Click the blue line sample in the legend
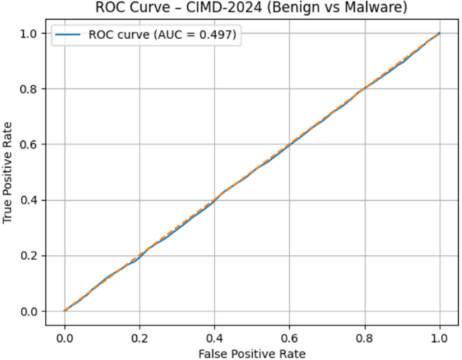tap(68, 34)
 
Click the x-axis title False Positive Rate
tap(252, 353)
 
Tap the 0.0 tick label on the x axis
tap(65, 334)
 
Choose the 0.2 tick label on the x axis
tap(140, 334)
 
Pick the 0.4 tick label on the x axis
tap(214, 334)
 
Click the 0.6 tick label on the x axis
tap(290, 334)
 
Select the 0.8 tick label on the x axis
tap(365, 334)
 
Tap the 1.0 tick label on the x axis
tap(440, 334)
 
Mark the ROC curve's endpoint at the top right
tap(440, 33)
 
